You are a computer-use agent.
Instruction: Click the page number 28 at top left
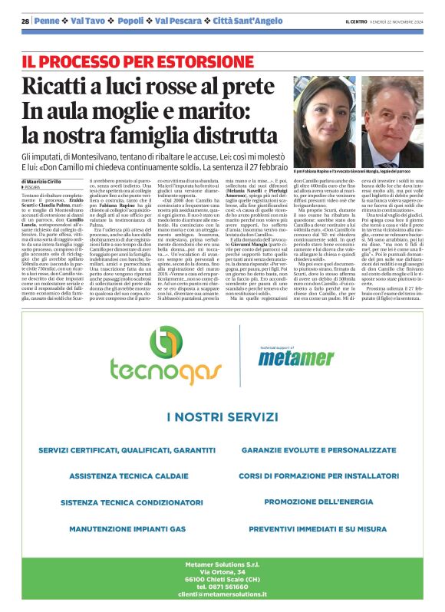25,21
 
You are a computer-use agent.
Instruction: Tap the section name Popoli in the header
130,21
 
